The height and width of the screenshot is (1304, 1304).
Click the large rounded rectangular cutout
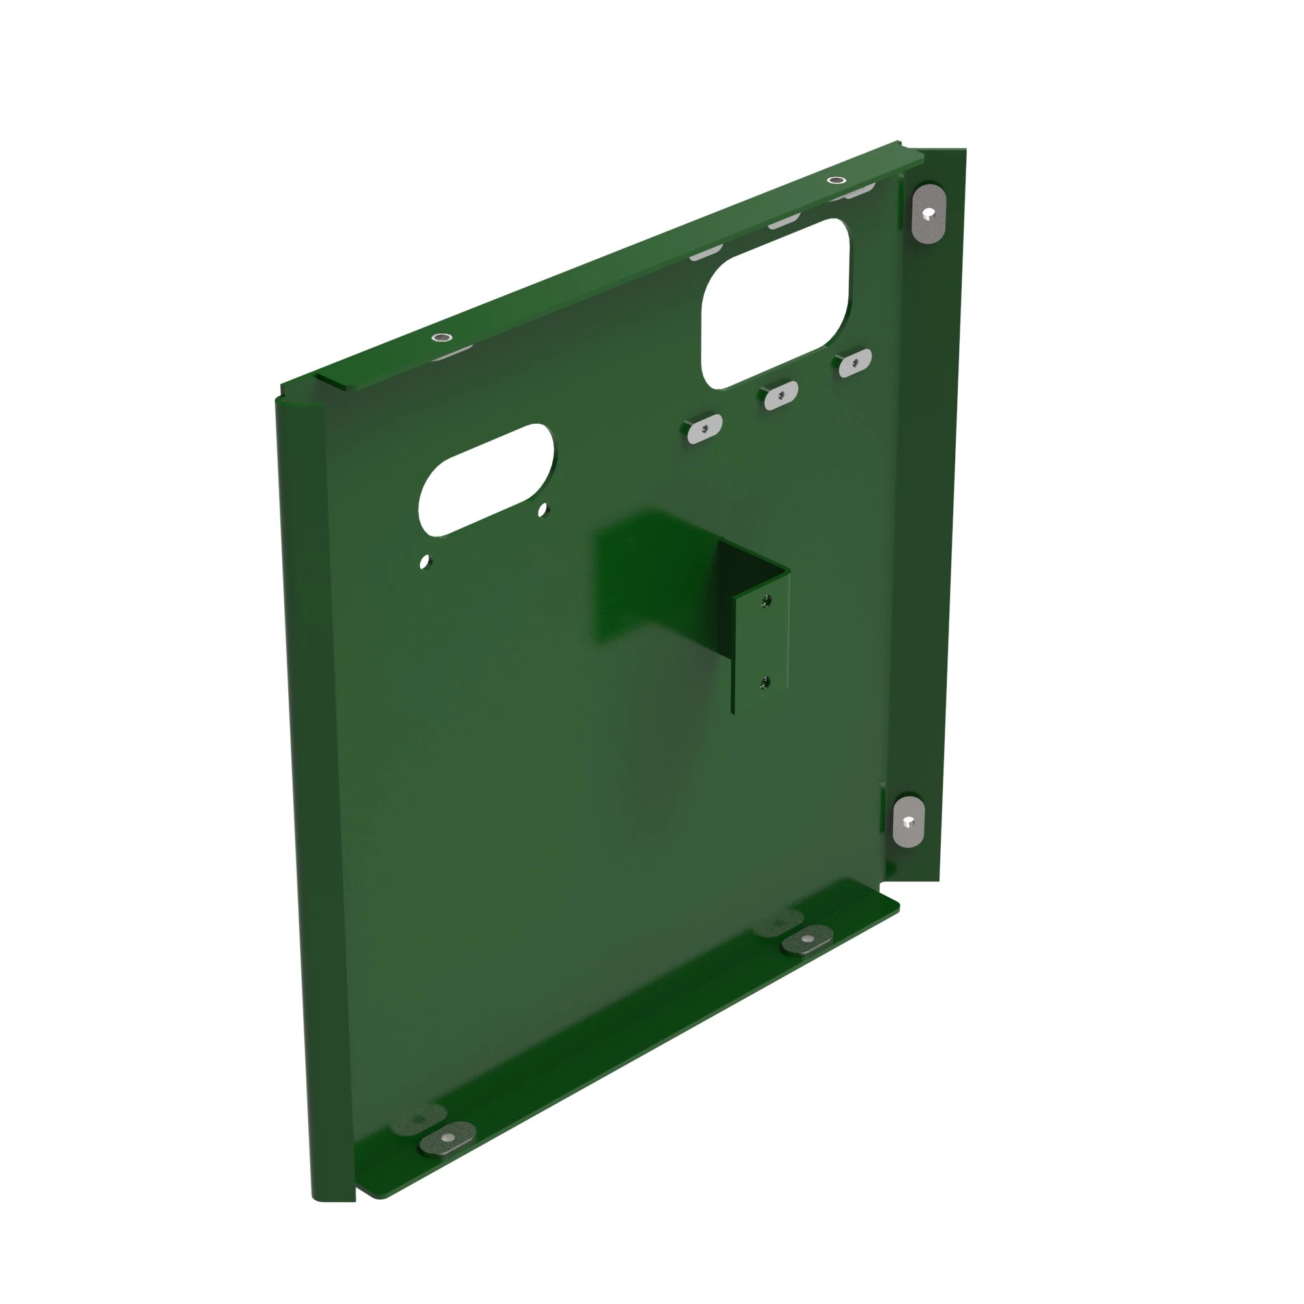click(776, 304)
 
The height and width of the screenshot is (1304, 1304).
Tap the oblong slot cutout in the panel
click(486, 479)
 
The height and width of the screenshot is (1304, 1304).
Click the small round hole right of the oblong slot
click(542, 512)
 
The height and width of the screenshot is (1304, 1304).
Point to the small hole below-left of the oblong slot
click(424, 561)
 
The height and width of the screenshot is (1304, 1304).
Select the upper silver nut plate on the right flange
click(929, 213)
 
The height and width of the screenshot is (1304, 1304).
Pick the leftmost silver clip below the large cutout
click(704, 429)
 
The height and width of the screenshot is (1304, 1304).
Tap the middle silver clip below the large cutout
click(780, 395)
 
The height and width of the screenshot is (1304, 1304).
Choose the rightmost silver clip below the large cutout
click(855, 363)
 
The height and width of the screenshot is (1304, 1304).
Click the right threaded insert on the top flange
click(837, 180)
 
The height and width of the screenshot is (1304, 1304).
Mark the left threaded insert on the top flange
click(442, 336)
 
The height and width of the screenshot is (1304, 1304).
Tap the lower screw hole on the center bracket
click(764, 682)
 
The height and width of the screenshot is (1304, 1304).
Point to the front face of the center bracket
click(762, 648)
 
